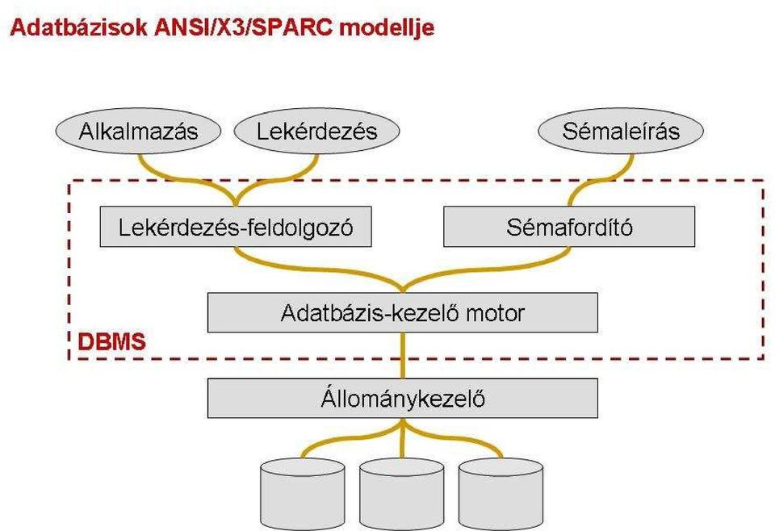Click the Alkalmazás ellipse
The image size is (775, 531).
click(x=138, y=132)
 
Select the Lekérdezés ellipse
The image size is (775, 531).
click(x=316, y=132)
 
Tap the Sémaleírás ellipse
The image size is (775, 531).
click(x=621, y=132)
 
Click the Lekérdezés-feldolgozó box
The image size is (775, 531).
click(x=236, y=227)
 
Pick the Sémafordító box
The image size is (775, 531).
click(x=569, y=227)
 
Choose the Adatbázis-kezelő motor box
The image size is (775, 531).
click(x=402, y=312)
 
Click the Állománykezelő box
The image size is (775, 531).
click(x=402, y=398)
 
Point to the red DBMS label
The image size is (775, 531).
click(x=112, y=342)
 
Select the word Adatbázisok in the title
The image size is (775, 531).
click(x=78, y=27)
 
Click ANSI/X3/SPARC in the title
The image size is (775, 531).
click(x=244, y=27)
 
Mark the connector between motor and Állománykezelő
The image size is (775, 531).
click(x=403, y=356)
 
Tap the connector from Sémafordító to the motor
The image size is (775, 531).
click(x=494, y=270)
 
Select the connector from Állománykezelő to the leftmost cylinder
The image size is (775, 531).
click(x=346, y=434)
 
